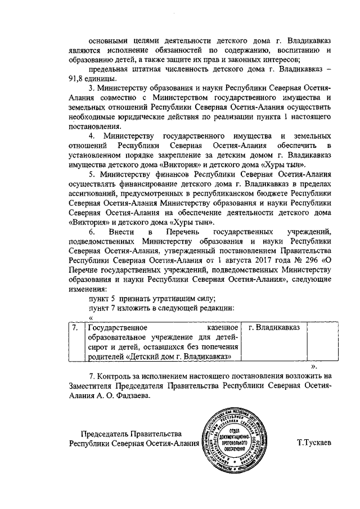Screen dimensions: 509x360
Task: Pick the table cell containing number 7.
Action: point(74,327)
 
